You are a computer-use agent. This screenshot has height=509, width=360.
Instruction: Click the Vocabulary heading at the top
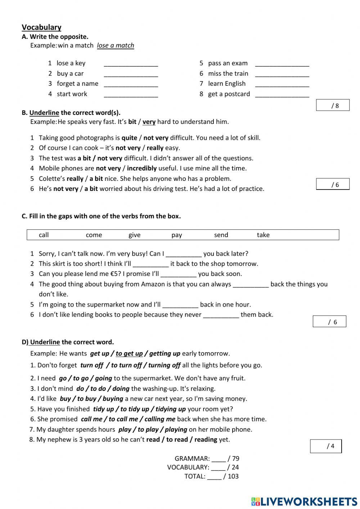coord(41,27)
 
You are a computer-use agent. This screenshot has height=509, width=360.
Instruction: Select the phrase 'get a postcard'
coord(229,94)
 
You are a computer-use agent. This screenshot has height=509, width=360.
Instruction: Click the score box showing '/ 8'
coord(333,105)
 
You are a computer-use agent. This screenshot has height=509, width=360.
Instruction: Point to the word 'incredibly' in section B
coord(141,168)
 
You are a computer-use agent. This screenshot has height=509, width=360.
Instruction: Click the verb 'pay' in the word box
coord(176,235)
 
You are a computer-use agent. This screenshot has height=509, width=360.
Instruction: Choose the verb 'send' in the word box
coord(221,235)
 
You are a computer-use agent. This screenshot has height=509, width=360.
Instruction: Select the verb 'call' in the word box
coord(44,235)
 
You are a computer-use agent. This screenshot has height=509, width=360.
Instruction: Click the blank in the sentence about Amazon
coord(251,285)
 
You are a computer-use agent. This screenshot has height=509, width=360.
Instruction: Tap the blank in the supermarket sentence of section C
coord(180,305)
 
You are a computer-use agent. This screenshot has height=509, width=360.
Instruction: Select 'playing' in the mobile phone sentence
coord(176,429)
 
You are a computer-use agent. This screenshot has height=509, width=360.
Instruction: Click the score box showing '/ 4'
coord(326,446)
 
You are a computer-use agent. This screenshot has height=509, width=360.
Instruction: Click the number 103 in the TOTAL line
coord(233,476)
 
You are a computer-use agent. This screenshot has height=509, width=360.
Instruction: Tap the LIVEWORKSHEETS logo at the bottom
coord(304,501)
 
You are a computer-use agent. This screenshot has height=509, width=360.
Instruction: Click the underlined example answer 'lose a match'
coord(115,45)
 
